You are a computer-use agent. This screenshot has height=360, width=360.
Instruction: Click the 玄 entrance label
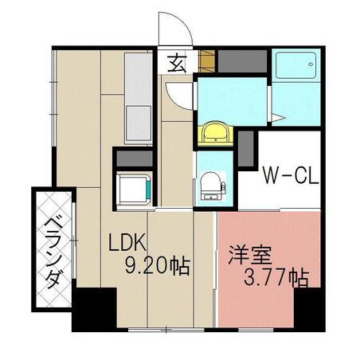[x=176, y=63]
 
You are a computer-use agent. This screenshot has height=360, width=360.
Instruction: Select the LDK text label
[x=127, y=242]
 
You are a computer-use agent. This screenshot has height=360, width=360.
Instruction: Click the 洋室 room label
[x=249, y=255]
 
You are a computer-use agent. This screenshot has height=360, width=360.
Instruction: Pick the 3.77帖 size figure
[x=276, y=278]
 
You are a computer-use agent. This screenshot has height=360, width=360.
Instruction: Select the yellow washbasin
[x=215, y=133]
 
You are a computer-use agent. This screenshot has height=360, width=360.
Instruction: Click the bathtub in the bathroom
[x=296, y=65]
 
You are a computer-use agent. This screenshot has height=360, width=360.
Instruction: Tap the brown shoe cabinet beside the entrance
[x=206, y=61]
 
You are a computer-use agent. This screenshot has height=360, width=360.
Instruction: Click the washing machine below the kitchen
[x=134, y=188]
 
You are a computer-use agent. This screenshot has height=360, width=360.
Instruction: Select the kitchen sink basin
[x=139, y=123]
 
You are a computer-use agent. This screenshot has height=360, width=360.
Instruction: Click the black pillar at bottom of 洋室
[x=309, y=309]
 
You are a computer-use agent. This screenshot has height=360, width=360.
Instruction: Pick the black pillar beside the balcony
[x=95, y=308]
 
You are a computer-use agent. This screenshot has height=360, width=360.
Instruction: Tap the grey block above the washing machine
[x=135, y=158]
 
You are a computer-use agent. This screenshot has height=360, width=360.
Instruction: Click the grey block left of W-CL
[x=245, y=149]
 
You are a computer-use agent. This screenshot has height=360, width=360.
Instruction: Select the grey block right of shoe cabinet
[x=242, y=61]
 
